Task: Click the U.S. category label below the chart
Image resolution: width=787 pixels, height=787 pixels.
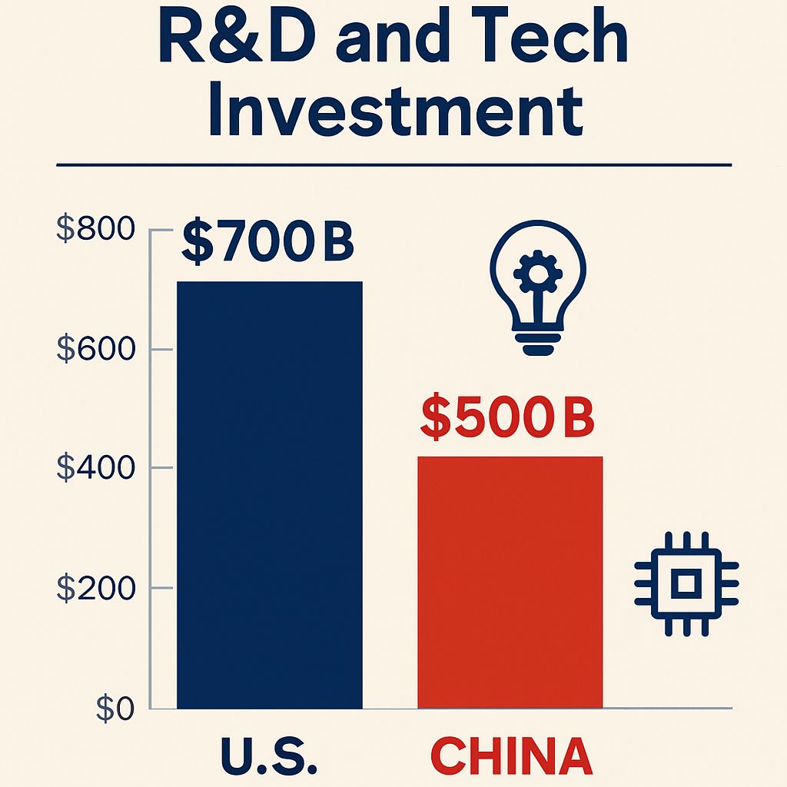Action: click(x=269, y=756)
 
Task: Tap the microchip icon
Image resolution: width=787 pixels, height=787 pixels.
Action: click(x=686, y=583)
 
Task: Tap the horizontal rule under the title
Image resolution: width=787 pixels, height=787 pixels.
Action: click(x=393, y=164)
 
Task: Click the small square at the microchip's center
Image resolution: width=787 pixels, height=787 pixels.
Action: click(x=686, y=583)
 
